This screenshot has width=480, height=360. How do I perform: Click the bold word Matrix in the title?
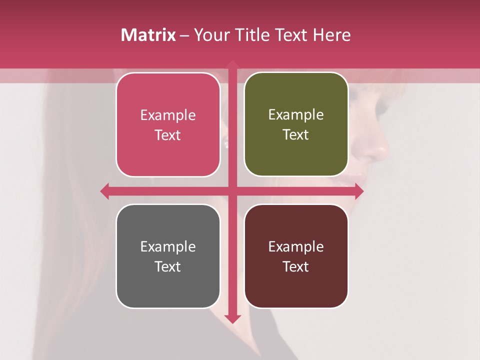pos(148,35)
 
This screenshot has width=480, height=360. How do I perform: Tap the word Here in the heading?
pos(331,35)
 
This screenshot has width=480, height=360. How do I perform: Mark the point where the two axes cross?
pos(232,191)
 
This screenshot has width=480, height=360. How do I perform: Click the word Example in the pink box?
pos(168,115)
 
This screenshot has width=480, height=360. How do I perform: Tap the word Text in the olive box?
pos(296,135)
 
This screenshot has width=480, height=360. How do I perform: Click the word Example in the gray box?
pos(168,246)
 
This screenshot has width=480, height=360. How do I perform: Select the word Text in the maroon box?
pos(296,266)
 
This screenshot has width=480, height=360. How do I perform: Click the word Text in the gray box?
pos(168,266)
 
